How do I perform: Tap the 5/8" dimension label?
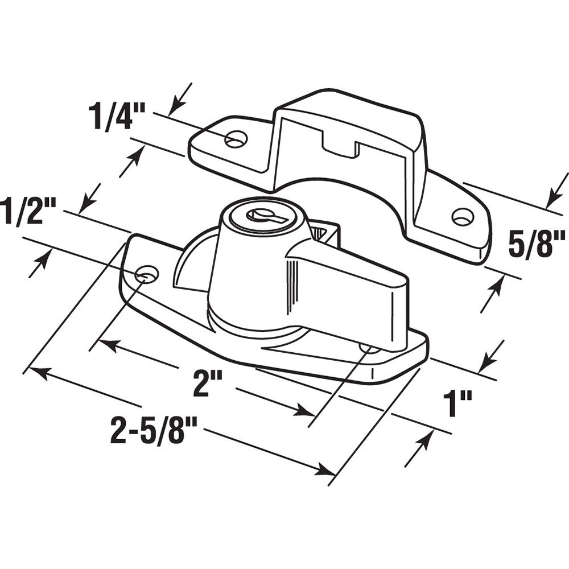(x=535, y=243)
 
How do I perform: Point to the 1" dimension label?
(x=458, y=405)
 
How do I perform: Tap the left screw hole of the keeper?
(x=236, y=138)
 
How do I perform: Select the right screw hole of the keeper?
(x=462, y=216)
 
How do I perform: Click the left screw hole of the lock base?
(x=147, y=274)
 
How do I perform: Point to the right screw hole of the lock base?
(x=369, y=347)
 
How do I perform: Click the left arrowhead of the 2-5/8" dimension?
(x=35, y=371)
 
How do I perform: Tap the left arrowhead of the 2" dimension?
(x=103, y=343)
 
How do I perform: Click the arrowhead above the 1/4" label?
(x=174, y=106)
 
